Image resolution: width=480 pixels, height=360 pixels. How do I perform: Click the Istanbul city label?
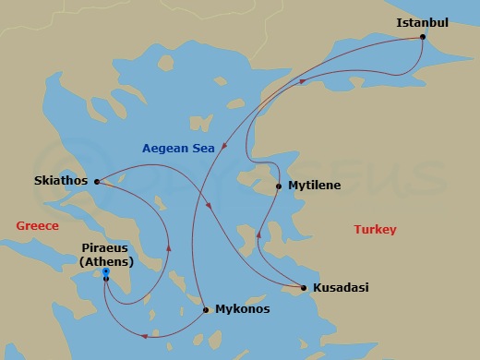point(421,22)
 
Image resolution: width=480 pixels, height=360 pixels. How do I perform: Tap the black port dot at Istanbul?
point(423,38)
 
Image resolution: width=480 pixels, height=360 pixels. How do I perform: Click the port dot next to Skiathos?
point(97,181)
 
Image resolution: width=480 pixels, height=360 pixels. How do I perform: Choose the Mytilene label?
point(314,186)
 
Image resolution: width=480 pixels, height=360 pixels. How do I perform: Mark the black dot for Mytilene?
point(279,186)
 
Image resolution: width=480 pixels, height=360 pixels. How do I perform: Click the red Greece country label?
point(37,226)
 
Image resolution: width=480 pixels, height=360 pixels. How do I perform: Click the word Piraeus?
point(106,248)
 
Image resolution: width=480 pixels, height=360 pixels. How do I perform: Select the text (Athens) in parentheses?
point(106,262)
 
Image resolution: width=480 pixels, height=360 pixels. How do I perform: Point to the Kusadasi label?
point(341,288)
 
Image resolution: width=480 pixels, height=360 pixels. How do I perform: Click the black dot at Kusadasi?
point(305,288)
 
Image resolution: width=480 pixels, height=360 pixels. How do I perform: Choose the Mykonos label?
point(242,309)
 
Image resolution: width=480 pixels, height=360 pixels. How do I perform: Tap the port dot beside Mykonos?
point(206,309)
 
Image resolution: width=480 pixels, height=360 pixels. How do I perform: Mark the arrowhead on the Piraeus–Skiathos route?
point(169,244)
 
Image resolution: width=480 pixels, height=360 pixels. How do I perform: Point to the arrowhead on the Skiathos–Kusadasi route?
point(210,206)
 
